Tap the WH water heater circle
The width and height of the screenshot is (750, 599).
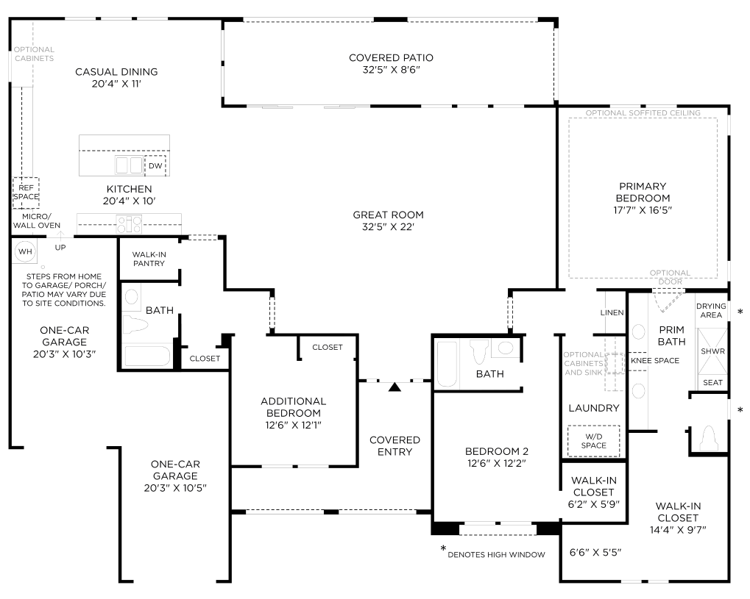(x=25, y=251)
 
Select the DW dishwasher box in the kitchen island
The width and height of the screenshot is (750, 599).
(x=155, y=166)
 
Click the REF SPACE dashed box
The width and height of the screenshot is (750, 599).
(x=26, y=193)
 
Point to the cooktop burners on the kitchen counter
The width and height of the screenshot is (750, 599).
(x=130, y=224)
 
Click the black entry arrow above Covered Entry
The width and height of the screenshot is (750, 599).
(x=395, y=387)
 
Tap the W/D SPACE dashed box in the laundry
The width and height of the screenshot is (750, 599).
(x=593, y=441)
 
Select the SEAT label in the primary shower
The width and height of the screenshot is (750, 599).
(x=712, y=383)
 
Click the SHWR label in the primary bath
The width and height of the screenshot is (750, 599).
(x=712, y=351)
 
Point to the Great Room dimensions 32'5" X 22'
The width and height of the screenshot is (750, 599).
(x=388, y=227)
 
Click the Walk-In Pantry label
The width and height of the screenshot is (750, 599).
(x=149, y=259)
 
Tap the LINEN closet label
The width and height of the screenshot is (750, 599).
(x=612, y=312)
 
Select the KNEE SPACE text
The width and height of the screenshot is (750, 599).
(x=655, y=361)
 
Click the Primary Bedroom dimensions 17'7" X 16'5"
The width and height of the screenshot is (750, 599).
(x=643, y=210)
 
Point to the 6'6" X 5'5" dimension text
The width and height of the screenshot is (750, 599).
(x=595, y=553)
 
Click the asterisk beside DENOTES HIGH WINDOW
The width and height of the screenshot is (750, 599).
(x=443, y=549)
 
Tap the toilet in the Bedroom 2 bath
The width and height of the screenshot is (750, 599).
(x=479, y=351)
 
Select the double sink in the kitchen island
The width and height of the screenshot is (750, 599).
(x=129, y=165)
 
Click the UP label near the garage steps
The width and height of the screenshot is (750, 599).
(x=60, y=248)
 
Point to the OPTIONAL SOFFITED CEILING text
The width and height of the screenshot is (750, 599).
(x=643, y=113)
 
